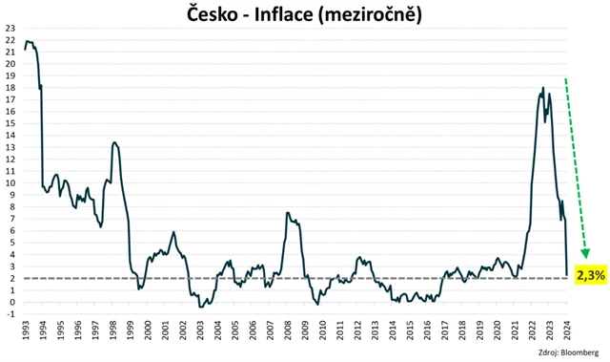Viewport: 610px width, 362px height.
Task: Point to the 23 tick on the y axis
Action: pos(10,29)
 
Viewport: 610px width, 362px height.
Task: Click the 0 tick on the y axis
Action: pos(12,303)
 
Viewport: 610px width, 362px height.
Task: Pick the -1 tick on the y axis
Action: pos(10,314)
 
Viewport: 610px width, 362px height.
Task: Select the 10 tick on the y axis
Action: pos(10,183)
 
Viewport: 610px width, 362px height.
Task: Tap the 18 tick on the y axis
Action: pos(10,88)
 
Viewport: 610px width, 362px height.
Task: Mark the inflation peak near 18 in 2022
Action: pos(543,88)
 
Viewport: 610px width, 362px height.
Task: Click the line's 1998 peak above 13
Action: pos(114,142)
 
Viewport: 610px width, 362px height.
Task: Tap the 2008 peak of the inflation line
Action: pos(288,213)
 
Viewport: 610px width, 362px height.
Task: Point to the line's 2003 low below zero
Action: pos(200,307)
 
